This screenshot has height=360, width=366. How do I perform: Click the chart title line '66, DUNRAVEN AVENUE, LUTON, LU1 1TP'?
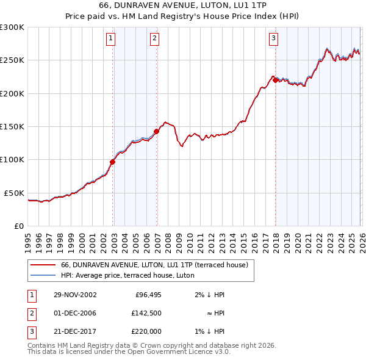tap(182, 5)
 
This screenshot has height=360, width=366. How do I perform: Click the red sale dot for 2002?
tap(113, 162)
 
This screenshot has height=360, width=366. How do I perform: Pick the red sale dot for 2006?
tap(157, 131)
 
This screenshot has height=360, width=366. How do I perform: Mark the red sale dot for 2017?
tap(276, 80)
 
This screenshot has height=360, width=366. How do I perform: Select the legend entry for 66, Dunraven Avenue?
tap(154, 265)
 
